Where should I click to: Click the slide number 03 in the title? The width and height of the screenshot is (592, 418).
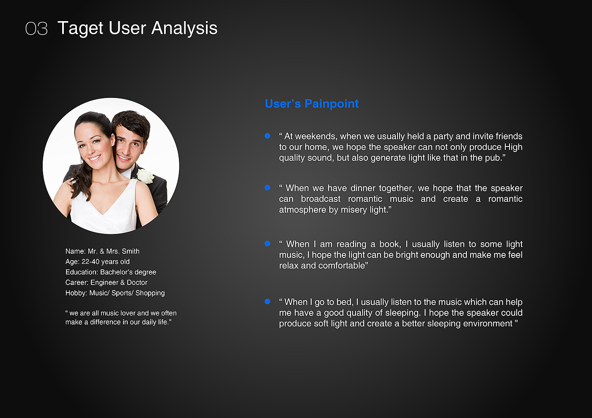click(x=36, y=29)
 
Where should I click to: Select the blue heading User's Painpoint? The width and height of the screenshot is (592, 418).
click(x=312, y=104)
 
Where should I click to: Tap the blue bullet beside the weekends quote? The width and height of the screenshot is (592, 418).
click(x=267, y=136)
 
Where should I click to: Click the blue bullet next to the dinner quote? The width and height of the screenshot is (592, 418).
click(x=267, y=187)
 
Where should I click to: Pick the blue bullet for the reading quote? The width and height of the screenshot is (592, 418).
click(x=267, y=244)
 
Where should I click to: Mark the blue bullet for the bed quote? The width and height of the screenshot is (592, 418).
click(x=267, y=301)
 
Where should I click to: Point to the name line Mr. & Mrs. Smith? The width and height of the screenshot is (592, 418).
click(x=102, y=251)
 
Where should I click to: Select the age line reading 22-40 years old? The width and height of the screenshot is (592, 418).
click(x=98, y=262)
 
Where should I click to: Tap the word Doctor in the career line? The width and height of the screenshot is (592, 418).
click(x=137, y=282)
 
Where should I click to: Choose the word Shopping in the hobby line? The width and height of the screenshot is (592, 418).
click(x=150, y=293)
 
